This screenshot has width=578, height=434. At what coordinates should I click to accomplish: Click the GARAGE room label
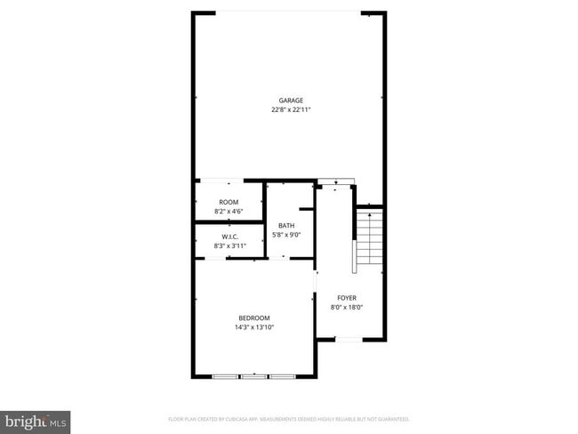[291, 100]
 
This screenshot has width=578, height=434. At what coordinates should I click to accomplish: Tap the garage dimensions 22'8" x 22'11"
[291, 109]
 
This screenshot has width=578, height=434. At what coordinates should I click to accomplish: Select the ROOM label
[229, 202]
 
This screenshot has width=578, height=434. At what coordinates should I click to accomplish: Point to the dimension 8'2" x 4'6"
[229, 212]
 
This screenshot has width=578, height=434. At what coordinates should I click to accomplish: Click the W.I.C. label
[229, 236]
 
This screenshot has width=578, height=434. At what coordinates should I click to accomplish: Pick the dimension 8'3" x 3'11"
[229, 245]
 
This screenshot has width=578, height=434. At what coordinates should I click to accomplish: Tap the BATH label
[286, 225]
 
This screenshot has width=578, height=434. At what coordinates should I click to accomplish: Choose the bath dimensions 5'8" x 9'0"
[286, 235]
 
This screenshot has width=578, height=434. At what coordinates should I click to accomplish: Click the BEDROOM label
[253, 317]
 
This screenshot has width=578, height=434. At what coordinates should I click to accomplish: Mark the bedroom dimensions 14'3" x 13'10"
[253, 327]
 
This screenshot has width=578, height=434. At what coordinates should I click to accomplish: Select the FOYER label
[347, 297]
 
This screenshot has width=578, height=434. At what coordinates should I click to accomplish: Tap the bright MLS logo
[36, 420]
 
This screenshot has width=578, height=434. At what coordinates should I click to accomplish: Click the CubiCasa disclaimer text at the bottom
[288, 418]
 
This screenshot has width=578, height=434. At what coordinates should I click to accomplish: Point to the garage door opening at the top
[289, 12]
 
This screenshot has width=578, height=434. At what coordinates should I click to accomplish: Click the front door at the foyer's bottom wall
[349, 340]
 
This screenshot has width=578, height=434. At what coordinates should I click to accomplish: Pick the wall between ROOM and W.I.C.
[229, 222]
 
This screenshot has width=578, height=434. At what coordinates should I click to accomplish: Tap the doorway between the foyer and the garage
[335, 183]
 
